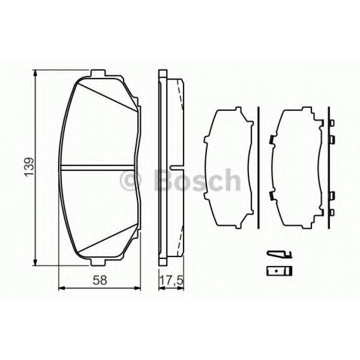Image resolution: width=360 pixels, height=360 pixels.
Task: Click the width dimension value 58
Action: point(102,280)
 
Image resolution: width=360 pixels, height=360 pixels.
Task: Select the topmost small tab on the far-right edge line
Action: point(332,123)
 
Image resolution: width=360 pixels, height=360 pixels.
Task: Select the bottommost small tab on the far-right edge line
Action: point(332,212)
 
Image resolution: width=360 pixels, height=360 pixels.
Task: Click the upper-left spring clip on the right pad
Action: point(271,140)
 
